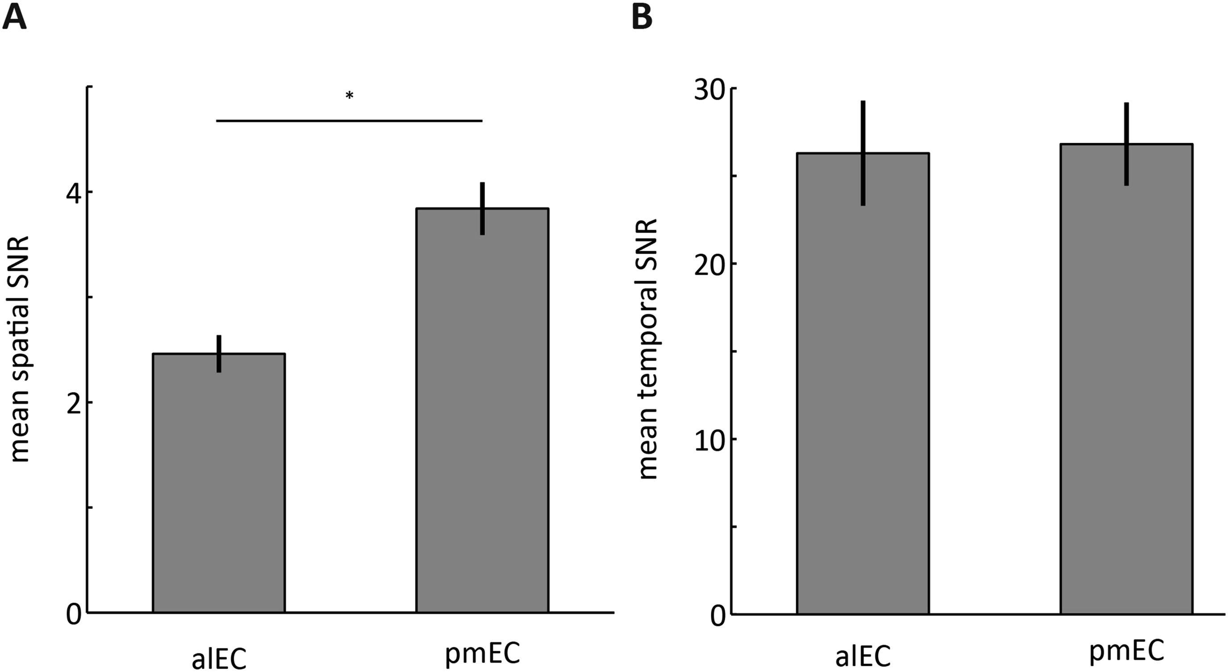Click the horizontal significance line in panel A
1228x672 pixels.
click(x=350, y=121)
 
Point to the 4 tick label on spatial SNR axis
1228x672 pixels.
click(x=73, y=192)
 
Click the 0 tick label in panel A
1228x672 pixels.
click(x=73, y=614)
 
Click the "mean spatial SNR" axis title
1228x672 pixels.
click(x=20, y=349)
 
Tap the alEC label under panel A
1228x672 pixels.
click(x=219, y=659)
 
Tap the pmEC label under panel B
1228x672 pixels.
click(x=1127, y=651)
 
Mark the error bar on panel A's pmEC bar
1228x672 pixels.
click(x=482, y=208)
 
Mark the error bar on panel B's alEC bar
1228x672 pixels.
click(x=862, y=153)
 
